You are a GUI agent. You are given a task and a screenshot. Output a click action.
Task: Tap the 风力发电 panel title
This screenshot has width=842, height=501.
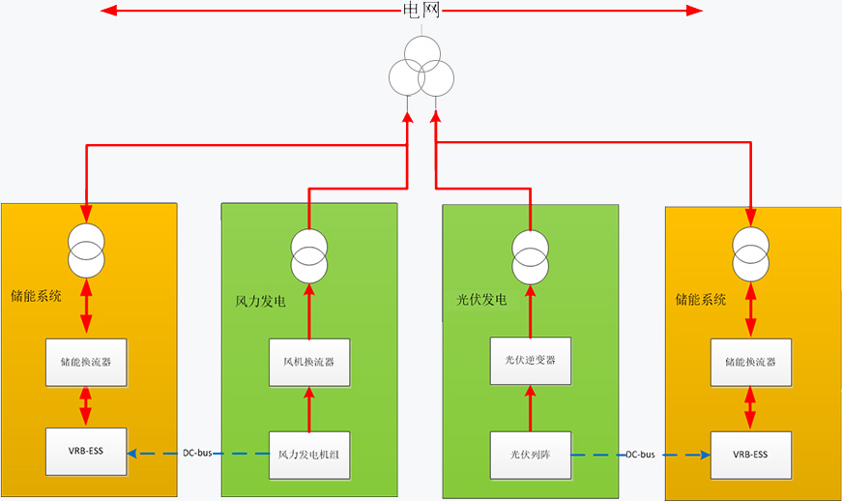pyautogui.click(x=261, y=302)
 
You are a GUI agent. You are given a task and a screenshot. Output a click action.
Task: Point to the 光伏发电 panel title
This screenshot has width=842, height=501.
pyautogui.click(x=481, y=302)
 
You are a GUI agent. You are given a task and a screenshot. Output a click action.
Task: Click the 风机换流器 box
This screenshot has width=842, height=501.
pyautogui.click(x=309, y=363)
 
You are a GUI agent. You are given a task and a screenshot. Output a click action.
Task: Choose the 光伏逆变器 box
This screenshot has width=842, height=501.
pyautogui.click(x=530, y=361)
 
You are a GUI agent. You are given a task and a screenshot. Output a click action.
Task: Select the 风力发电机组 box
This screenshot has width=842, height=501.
pyautogui.click(x=309, y=454)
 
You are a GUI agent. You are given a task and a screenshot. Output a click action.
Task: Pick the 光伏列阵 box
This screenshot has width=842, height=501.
pyautogui.click(x=530, y=454)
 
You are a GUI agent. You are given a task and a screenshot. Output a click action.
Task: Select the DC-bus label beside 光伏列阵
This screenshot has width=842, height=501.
pyautogui.click(x=641, y=454)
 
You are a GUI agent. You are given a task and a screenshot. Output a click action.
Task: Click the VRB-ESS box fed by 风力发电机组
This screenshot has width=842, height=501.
pyautogui.click(x=87, y=453)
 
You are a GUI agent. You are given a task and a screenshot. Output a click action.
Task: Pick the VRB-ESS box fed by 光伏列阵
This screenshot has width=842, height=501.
pyautogui.click(x=750, y=454)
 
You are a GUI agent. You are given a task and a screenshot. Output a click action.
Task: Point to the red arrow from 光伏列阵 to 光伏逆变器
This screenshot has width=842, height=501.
pyautogui.click(x=530, y=407)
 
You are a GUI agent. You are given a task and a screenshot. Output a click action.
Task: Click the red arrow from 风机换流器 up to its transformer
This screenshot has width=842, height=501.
pyautogui.click(x=309, y=310)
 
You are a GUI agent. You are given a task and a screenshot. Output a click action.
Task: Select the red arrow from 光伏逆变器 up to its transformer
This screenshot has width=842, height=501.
pyautogui.click(x=530, y=310)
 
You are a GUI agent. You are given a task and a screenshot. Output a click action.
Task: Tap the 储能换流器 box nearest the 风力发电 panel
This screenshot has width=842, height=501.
pyautogui.click(x=87, y=363)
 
